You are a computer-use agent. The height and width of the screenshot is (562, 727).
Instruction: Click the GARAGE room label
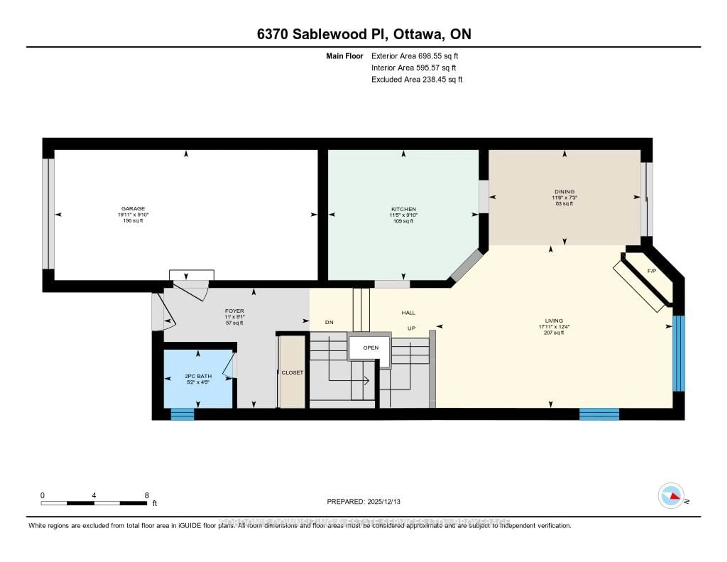pos(133,209)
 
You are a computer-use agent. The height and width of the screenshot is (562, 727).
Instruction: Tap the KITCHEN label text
pos(403,209)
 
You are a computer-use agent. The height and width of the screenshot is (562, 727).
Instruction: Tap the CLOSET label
pos(292,373)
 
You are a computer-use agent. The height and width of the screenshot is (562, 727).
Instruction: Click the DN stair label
pos(329,322)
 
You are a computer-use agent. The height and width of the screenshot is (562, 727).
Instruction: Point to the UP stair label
pos(411,328)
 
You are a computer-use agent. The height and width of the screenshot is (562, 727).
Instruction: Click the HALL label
pos(408,312)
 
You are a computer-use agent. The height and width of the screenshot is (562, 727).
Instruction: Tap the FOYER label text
pos(234,311)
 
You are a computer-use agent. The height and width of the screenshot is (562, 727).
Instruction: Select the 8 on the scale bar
pos(147,495)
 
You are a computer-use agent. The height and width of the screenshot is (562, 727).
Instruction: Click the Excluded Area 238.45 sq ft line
pos(417,79)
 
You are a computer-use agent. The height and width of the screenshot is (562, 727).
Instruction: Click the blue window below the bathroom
pos(183,414)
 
